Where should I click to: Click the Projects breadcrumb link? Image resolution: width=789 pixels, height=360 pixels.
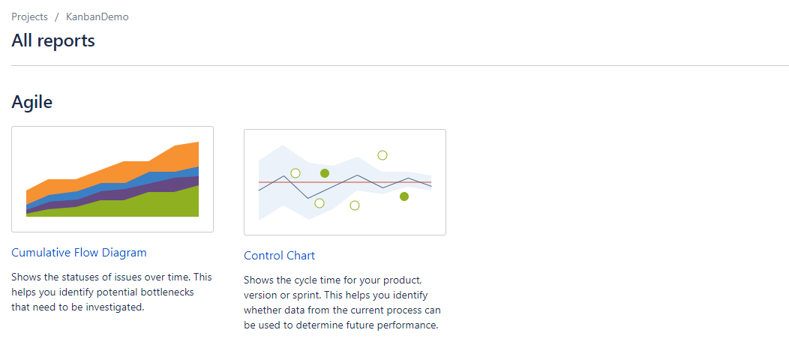coord(29,16)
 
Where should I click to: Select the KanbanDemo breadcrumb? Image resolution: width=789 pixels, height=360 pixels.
coord(97,16)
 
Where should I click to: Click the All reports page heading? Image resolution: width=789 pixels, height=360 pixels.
coord(53,40)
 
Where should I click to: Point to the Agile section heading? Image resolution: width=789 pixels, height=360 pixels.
coord(32,102)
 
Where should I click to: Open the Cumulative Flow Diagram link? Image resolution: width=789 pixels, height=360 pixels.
coord(79,253)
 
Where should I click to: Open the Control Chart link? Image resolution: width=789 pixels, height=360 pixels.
coord(279,256)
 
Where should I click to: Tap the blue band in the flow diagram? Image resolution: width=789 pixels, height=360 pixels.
coord(161,177)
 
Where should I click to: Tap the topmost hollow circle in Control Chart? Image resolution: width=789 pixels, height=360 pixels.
coord(382,155)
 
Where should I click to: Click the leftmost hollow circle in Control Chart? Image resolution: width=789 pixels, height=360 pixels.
coord(295,173)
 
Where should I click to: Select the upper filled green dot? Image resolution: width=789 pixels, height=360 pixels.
coord(325,173)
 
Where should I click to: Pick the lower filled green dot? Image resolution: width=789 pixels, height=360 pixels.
coord(404,196)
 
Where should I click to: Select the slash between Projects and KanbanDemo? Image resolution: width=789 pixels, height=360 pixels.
coord(57,16)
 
